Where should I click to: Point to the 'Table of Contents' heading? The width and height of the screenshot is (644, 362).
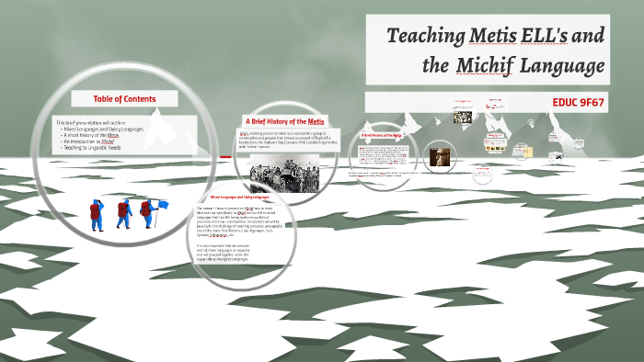point(125,99)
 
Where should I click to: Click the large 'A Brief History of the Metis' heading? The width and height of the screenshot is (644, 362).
point(284,121)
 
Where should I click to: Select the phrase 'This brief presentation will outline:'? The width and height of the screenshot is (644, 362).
point(94,123)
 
